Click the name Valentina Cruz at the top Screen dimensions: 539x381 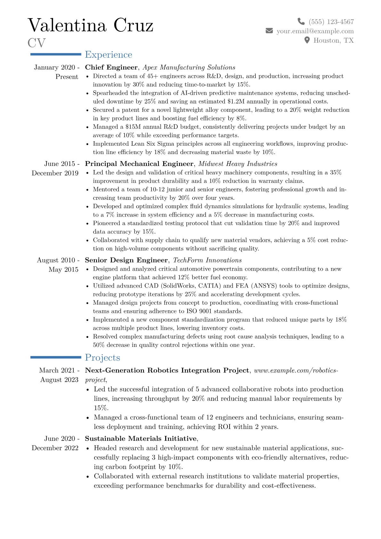coord(91,25)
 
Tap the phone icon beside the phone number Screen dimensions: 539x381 coord(301,21)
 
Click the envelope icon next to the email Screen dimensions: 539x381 coord(269,31)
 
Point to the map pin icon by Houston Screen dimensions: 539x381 coord(307,40)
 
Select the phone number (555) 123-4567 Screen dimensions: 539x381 coord(331,22)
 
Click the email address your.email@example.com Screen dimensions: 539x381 coord(315,31)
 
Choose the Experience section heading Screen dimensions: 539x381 coord(108,55)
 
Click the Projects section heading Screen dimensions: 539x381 coord(102,358)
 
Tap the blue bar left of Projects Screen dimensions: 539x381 coord(56,357)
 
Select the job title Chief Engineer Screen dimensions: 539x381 coord(111,67)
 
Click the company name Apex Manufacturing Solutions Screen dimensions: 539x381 coord(189,67)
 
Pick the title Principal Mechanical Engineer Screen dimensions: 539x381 coord(139,164)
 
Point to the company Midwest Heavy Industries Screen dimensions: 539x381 coord(238,164)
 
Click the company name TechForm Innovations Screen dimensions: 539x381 coord(207,260)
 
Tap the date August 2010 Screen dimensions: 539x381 coord(56,260)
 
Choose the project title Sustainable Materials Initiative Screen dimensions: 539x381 coord(141,438)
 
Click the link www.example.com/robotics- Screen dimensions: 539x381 coord(296,370)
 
